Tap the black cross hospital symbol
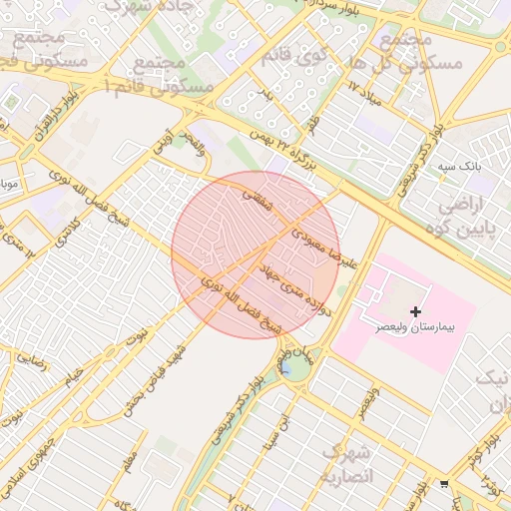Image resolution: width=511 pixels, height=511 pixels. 416,312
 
